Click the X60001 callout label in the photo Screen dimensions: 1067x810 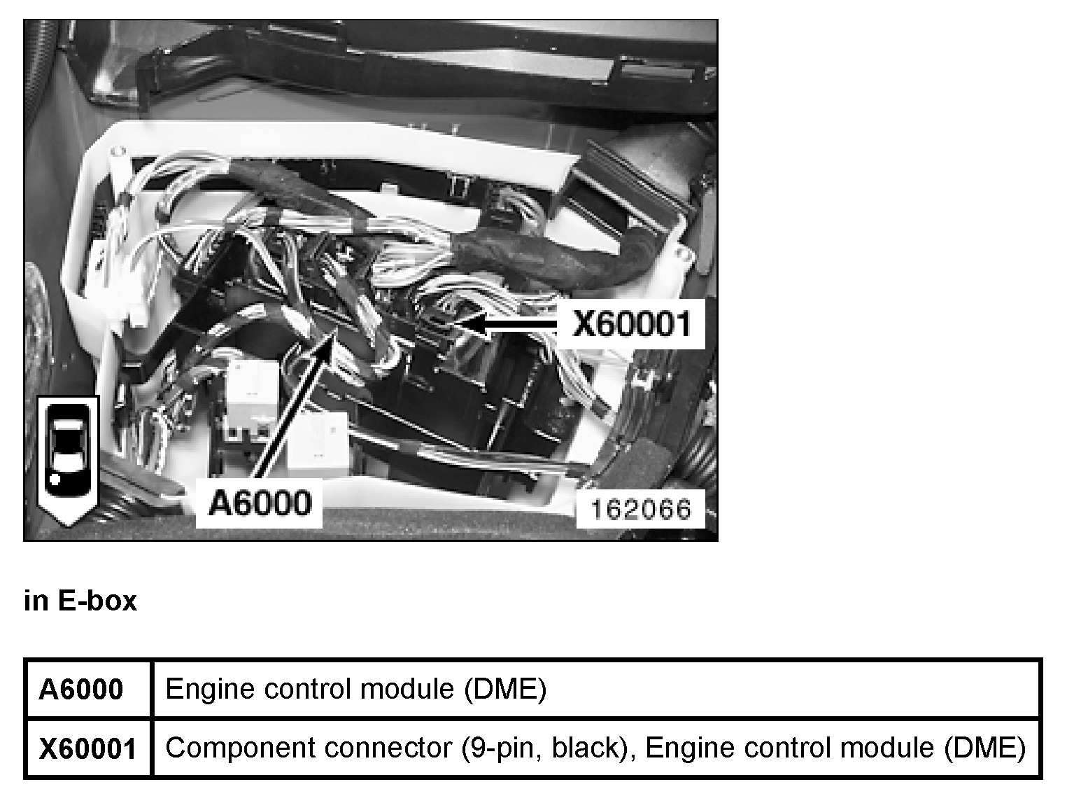click(x=631, y=323)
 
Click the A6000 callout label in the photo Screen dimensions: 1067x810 click(x=260, y=503)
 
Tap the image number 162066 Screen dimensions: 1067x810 click(x=640, y=508)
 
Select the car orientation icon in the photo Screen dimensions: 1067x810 click(x=68, y=459)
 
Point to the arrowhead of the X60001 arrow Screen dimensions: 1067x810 click(x=462, y=323)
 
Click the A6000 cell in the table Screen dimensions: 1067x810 click(x=81, y=690)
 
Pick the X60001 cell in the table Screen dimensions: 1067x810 click(x=87, y=748)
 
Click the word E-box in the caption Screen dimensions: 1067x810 click(x=97, y=601)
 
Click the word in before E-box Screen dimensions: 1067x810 click(x=34, y=601)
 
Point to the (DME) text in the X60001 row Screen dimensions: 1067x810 click(x=984, y=748)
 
